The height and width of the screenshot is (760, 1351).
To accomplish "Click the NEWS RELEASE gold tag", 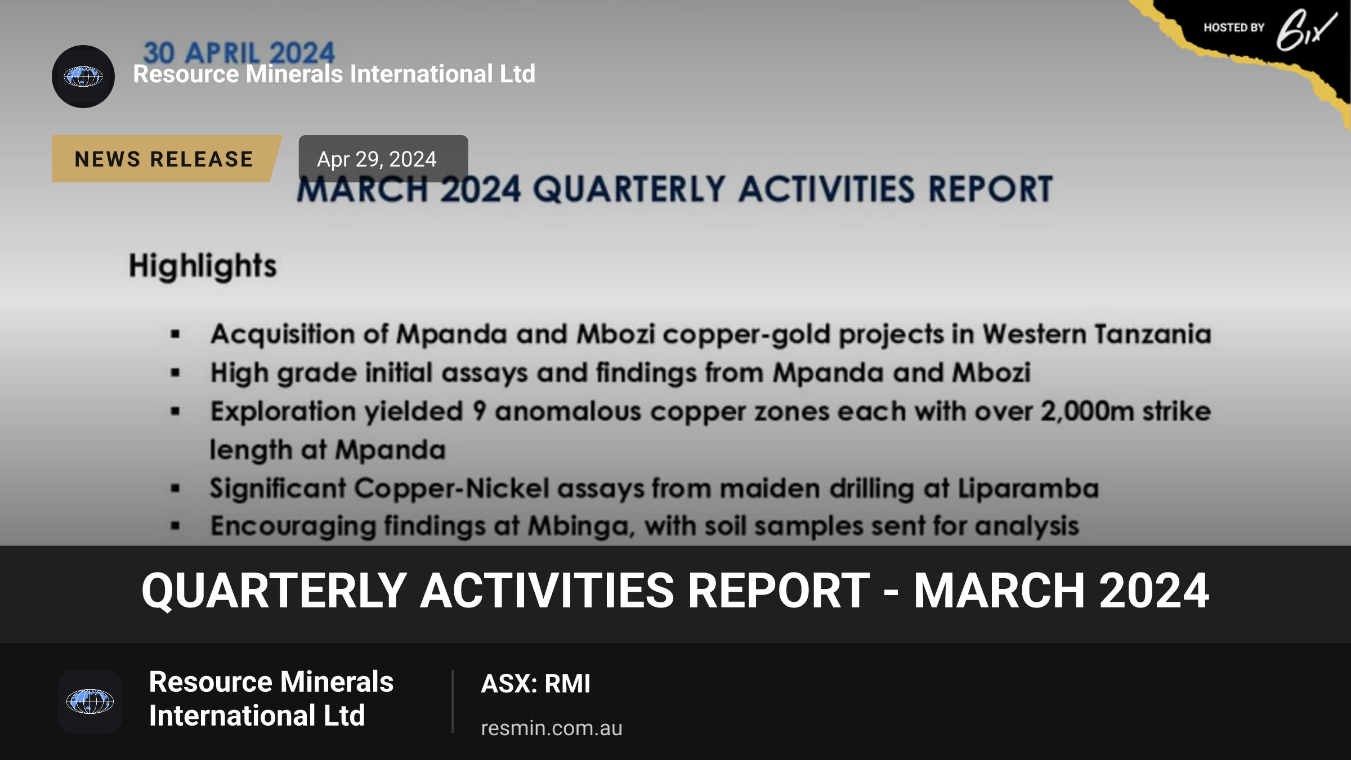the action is pos(167,159).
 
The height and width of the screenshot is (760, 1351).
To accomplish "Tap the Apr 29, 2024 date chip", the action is pos(383,159).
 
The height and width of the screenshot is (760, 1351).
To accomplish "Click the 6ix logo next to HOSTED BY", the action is pos(1306,30).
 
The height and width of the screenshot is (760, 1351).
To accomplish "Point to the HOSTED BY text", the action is pos(1234,28).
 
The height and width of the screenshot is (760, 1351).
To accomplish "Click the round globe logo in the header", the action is pos(83,77).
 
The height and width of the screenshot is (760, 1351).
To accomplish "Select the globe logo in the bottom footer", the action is pos(90,701).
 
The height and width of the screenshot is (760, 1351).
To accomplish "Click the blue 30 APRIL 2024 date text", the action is pos(239,53).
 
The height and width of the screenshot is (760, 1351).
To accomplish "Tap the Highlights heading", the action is pos(203,266).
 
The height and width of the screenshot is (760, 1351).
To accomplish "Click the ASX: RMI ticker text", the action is pos(535,683).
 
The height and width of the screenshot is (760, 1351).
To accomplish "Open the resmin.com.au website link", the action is pos(551,728).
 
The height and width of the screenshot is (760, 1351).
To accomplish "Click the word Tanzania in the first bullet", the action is pos(1153,334).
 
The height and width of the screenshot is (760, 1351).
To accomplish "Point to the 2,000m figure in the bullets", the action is pos(1087,411).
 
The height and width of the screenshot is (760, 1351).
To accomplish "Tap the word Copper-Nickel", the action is pos(451,488).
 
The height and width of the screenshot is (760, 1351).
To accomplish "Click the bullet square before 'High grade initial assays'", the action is pos(176,373).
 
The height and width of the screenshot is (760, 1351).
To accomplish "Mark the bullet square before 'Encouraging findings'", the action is pos(176,526).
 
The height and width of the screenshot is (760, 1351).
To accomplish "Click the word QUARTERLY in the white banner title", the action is pos(274,591).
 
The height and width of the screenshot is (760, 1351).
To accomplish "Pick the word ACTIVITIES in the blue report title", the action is pos(827,189).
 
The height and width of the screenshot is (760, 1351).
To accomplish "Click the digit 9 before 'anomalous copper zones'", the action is pos(479,411).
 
